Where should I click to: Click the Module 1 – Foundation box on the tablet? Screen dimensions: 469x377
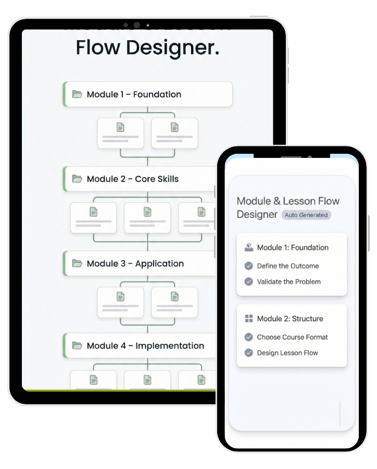point(148,94)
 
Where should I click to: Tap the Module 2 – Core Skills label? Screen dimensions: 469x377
point(132,179)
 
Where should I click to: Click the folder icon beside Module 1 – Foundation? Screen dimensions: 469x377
point(77,94)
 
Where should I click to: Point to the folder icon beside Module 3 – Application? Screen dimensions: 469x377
point(77,264)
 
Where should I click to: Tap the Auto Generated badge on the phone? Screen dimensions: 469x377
point(306,215)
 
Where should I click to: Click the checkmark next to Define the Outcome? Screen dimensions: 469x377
point(249,266)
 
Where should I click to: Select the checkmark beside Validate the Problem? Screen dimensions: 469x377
point(249,281)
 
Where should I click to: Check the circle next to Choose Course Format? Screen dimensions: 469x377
point(249,337)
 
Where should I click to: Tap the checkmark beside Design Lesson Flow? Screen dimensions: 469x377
point(249,353)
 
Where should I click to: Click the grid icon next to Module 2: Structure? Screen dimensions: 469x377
point(249,318)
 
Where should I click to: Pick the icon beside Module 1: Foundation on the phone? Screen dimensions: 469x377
point(249,248)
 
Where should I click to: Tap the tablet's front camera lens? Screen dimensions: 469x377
point(136,25)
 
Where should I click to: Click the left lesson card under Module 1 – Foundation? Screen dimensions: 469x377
point(120,133)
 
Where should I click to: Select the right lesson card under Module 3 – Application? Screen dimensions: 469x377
point(174,302)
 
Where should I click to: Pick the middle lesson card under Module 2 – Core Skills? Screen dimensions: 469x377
point(147,217)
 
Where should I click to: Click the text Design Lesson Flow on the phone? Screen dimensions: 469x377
point(287,353)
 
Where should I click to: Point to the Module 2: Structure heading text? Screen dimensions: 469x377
point(290,318)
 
